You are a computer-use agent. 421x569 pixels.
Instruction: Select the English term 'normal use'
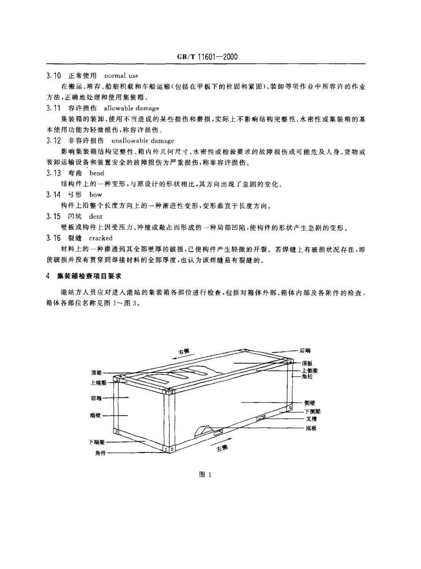tap(121, 76)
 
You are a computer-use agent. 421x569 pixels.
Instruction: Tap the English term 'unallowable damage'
tap(140, 141)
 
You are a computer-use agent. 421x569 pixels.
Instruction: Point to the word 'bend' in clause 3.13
tap(97, 173)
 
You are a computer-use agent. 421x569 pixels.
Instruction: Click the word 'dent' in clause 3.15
tap(96, 217)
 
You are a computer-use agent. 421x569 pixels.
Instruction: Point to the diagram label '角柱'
tap(307, 376)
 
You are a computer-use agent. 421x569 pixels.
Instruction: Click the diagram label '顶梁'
tap(96, 372)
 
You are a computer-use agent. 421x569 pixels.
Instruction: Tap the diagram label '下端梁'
tap(96, 442)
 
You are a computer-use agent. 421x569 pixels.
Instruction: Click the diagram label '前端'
tap(96, 398)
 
